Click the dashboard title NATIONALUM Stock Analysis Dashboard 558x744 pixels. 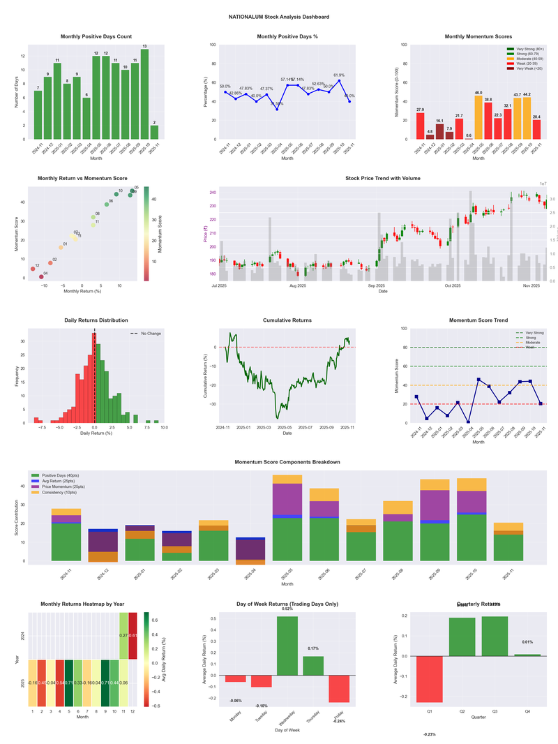[279, 17]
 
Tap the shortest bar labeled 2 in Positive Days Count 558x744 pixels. [154, 132]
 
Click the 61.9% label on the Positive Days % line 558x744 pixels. [339, 75]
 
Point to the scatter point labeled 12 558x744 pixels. [33, 269]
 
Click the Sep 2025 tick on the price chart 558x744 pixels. [377, 285]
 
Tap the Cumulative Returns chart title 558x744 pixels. [287, 320]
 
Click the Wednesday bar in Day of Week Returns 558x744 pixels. [287, 646]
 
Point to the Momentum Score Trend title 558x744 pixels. [478, 320]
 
